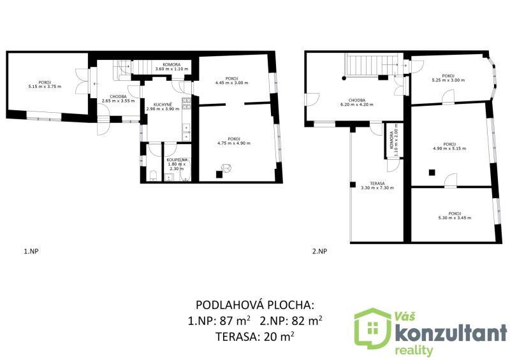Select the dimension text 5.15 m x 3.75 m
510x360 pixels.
click(x=45, y=87)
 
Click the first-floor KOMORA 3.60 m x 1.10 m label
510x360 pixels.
click(x=171, y=67)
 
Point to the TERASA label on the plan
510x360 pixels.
click(x=377, y=184)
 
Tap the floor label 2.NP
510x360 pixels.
click(x=320, y=251)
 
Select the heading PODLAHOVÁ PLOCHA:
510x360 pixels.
click(x=255, y=305)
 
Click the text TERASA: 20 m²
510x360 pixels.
click(x=255, y=337)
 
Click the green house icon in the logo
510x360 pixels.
click(x=373, y=328)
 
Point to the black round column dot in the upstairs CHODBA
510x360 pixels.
click(x=344, y=78)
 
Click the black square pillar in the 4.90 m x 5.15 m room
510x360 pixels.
click(x=432, y=173)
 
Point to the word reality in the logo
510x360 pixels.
click(x=414, y=350)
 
